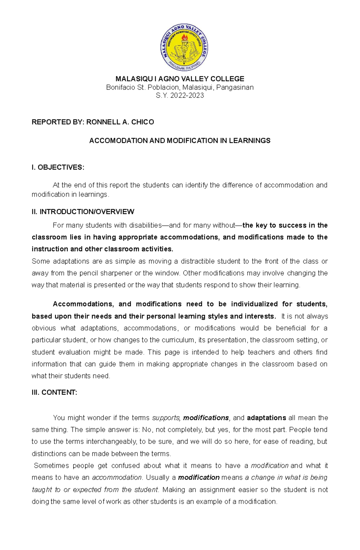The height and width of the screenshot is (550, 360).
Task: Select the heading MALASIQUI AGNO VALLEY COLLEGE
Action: click(x=180, y=79)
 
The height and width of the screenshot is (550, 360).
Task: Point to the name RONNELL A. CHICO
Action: click(x=120, y=122)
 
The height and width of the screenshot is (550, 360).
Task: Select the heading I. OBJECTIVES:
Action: click(x=58, y=167)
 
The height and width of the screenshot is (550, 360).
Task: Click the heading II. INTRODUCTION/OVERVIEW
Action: click(x=83, y=212)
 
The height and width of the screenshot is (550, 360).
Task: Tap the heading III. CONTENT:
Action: click(x=54, y=392)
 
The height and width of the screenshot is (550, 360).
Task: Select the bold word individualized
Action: click(x=254, y=304)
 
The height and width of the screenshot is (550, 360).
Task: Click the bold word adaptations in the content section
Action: click(x=266, y=418)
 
